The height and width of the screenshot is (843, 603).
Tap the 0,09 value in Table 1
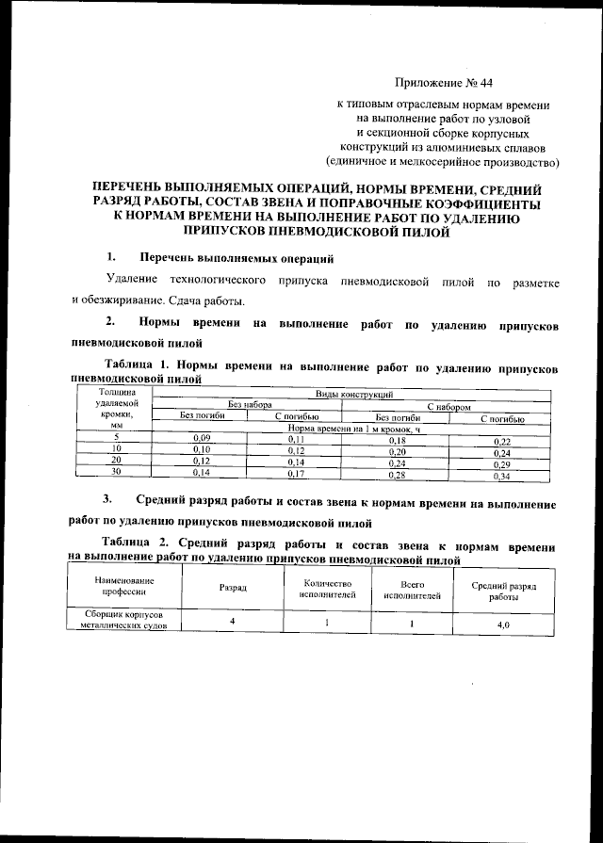tap(200, 439)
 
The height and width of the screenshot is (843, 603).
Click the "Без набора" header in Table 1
tap(247, 406)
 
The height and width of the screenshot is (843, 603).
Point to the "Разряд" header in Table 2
tap(233, 587)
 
